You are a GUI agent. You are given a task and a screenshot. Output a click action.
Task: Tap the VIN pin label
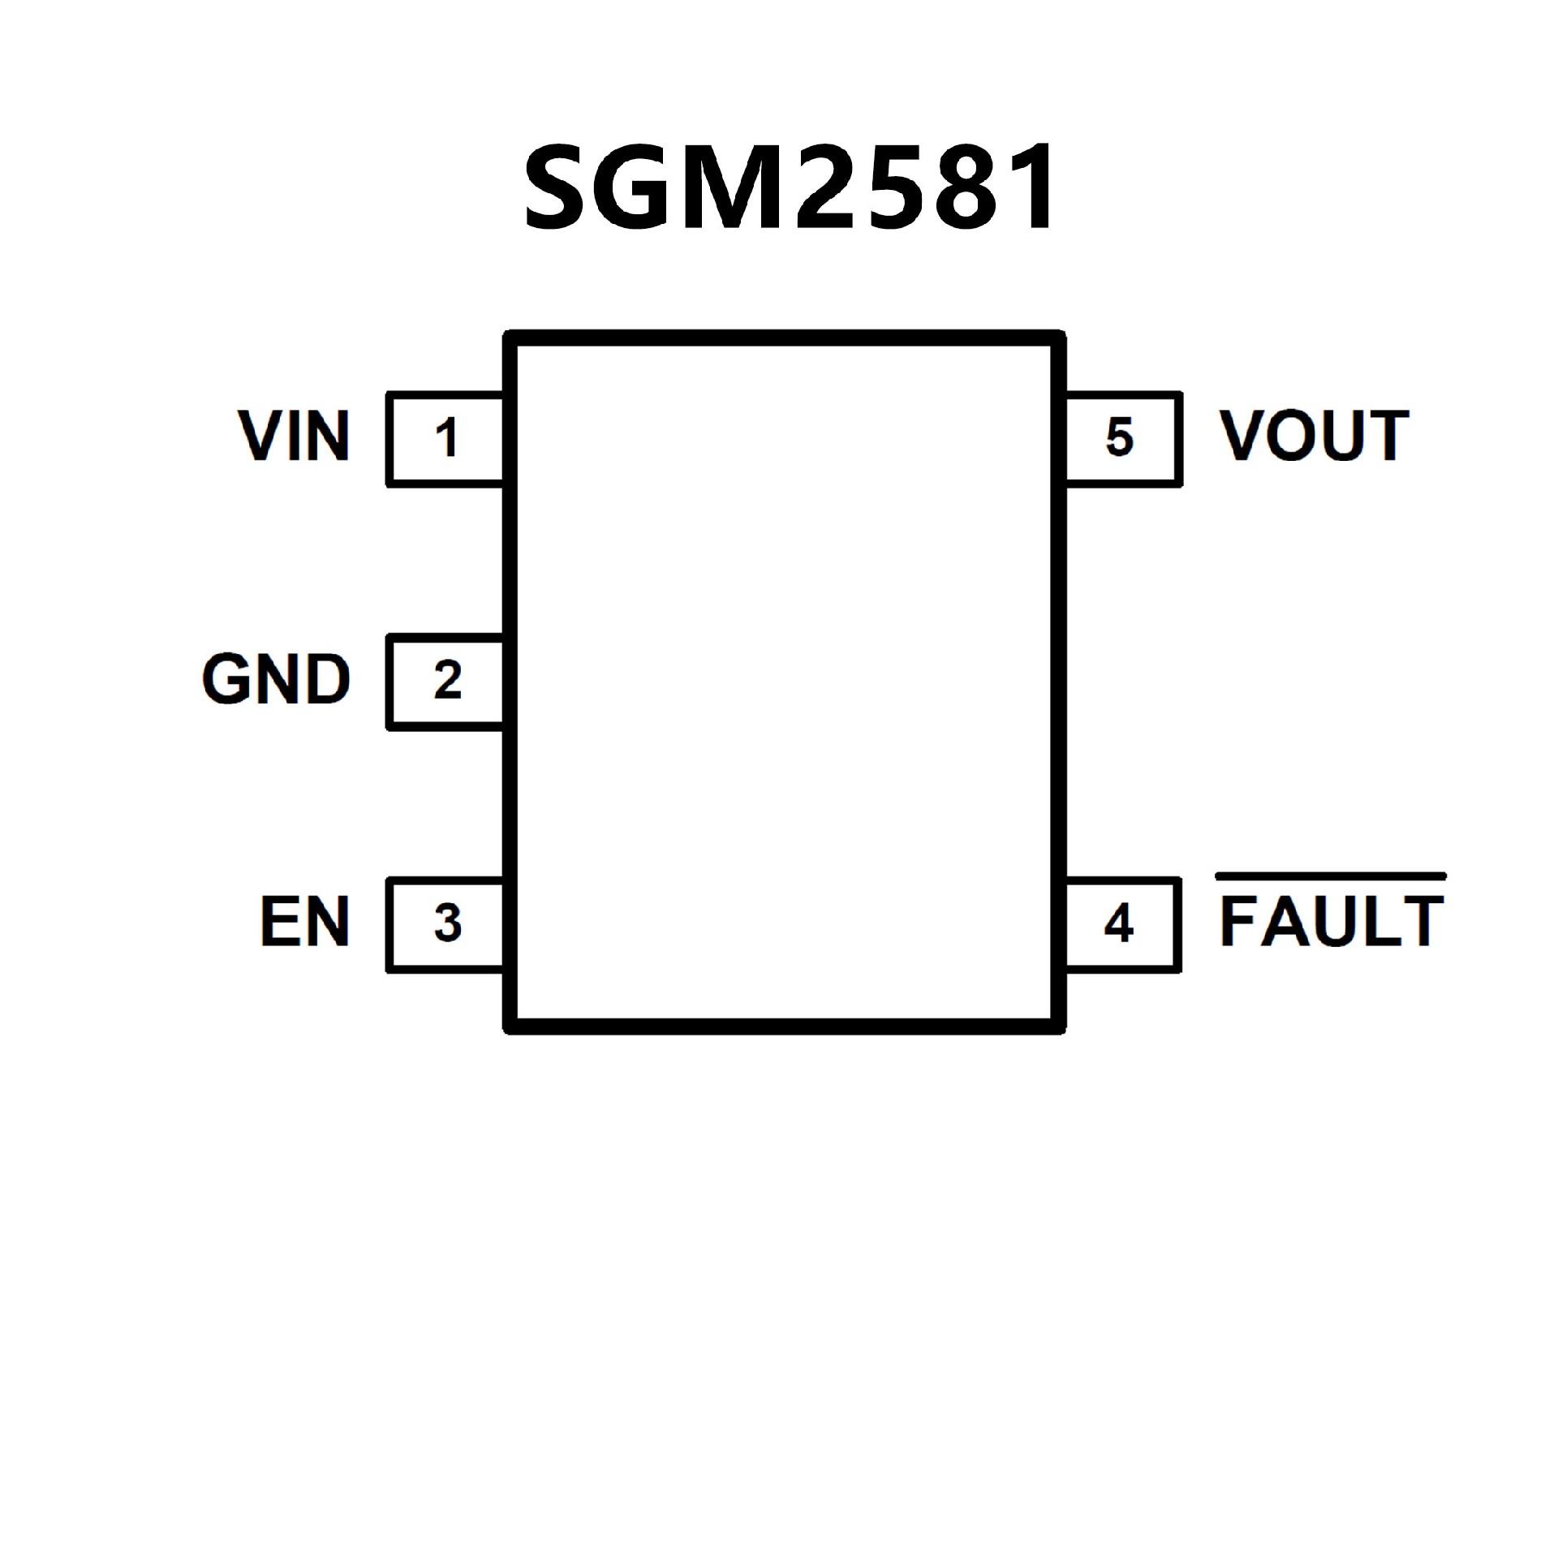click(x=294, y=437)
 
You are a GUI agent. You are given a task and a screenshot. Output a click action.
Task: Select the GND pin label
click(x=276, y=679)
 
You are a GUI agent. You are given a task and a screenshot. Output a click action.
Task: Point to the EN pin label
click(x=305, y=922)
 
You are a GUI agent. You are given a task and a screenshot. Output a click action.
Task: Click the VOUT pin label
click(x=1314, y=437)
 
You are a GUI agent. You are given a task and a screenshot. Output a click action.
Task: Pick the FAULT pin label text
click(x=1332, y=922)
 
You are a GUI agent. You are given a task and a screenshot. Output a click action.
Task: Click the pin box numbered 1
click(x=445, y=439)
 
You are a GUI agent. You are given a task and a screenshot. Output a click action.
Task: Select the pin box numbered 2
click(x=445, y=682)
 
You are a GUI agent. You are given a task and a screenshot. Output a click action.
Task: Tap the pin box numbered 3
click(x=445, y=924)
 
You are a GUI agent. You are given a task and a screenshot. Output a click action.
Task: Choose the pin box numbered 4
click(x=1121, y=924)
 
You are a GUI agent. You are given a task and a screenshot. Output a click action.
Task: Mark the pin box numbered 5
click(x=1121, y=439)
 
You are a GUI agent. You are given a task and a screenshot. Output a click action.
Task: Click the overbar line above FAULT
click(x=1331, y=876)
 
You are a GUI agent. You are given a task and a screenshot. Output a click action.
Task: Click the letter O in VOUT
click(x=1293, y=437)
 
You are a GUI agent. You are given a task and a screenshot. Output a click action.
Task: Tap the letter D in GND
click(x=328, y=679)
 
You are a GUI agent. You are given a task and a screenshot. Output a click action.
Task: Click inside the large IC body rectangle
click(x=785, y=682)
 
